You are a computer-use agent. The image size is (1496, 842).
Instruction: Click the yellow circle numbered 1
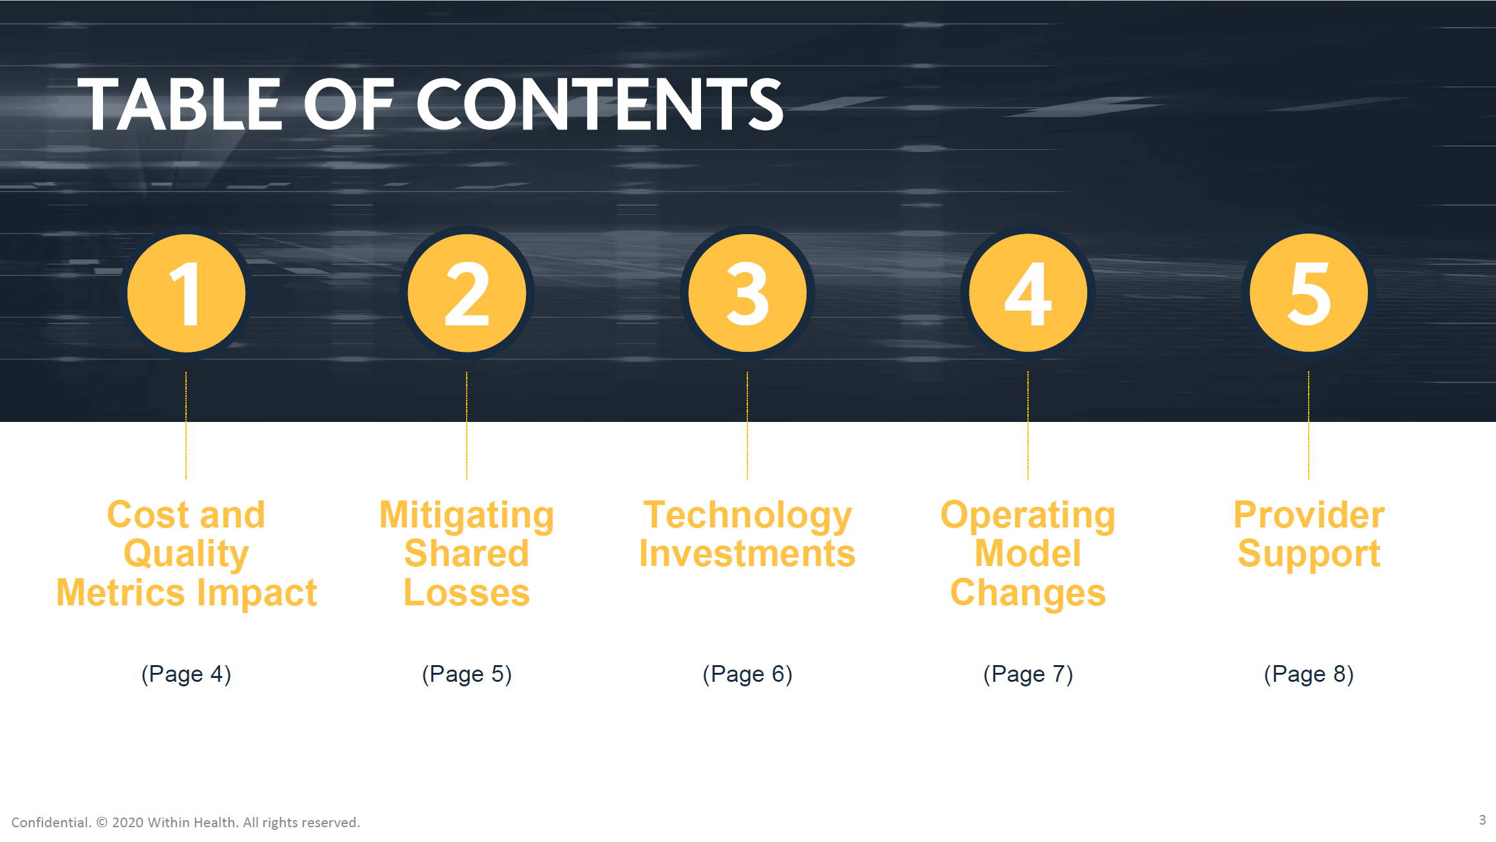coord(186,293)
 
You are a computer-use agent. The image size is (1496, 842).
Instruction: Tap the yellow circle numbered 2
coord(467,293)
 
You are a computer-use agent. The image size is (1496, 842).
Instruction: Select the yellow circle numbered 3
coord(747,293)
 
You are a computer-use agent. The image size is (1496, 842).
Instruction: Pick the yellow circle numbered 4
coord(1028,293)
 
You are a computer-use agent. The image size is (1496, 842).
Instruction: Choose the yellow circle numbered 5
coord(1309,293)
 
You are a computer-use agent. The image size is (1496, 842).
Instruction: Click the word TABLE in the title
coord(179,104)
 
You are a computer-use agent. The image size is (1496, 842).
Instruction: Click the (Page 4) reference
coord(186,674)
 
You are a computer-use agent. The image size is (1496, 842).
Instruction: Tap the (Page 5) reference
coord(467,674)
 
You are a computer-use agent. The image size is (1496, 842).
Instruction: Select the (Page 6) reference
coord(747,674)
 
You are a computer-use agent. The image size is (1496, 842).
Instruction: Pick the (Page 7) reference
coord(1028,674)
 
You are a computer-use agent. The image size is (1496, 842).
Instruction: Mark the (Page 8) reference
coord(1309,674)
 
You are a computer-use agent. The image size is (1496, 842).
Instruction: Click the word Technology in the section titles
coord(747,517)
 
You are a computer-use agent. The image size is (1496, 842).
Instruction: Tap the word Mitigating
coord(467,517)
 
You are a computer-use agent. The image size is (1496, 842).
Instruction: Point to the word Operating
coord(1028,517)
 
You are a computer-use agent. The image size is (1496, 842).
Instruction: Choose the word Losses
coord(467,592)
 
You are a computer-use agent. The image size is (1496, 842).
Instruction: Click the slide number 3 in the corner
coord(1482,820)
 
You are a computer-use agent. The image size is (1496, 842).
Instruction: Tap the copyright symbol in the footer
coord(102,823)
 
